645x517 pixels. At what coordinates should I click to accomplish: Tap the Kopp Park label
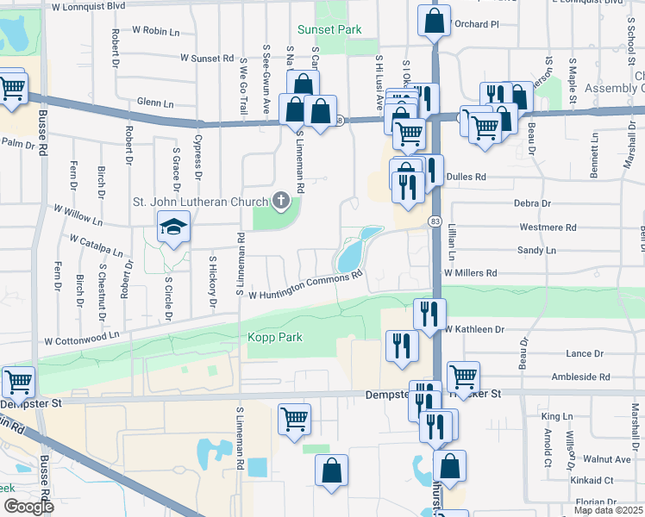(x=275, y=337)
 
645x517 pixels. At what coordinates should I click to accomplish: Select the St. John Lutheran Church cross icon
(x=280, y=202)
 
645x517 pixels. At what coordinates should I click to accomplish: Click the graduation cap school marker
(x=173, y=227)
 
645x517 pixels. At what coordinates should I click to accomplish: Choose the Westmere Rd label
(x=548, y=227)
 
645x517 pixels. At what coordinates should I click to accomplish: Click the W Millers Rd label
(x=470, y=272)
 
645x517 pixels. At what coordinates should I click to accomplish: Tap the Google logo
(x=28, y=507)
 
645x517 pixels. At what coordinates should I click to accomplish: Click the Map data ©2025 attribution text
(x=609, y=510)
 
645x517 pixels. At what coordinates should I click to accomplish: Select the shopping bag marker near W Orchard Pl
(x=435, y=21)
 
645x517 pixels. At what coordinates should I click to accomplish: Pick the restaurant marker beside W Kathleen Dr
(x=429, y=314)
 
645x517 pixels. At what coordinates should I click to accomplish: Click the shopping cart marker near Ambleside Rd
(x=463, y=376)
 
